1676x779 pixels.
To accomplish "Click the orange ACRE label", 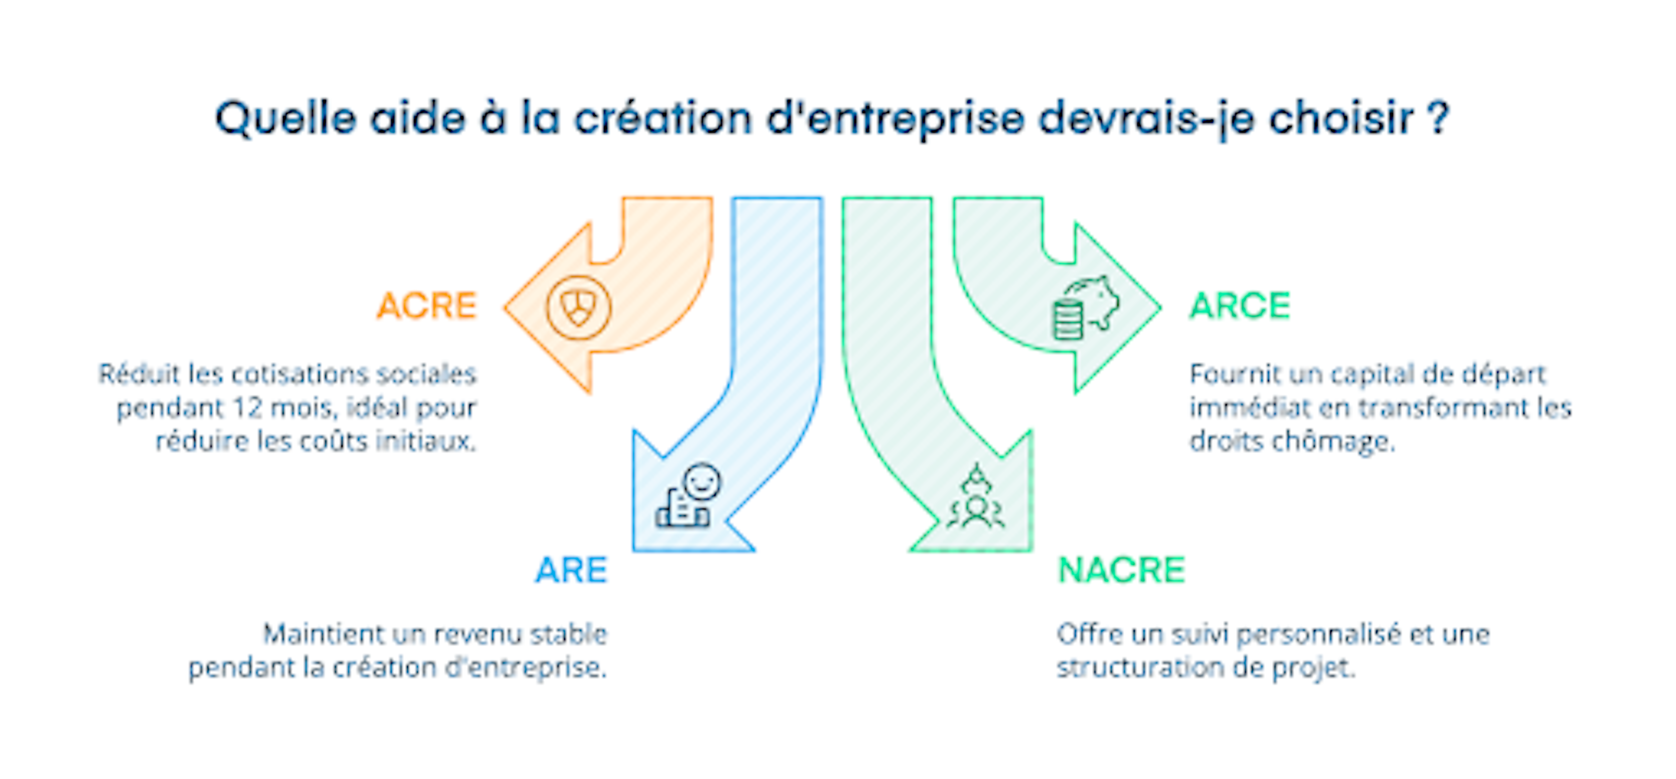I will point(427,306).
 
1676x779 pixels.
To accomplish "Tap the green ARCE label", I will point(1239,306).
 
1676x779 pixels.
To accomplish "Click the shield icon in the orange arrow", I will point(578,307).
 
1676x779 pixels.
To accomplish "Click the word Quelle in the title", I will point(286,119).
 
